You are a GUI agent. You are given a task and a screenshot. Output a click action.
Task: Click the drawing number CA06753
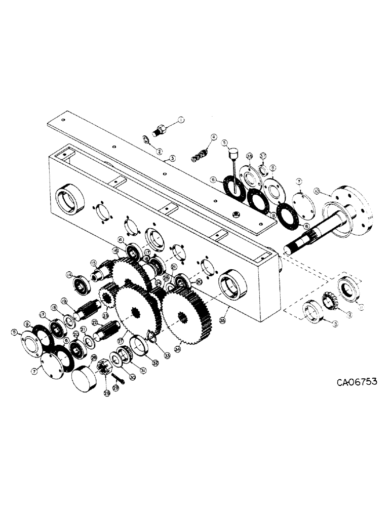349,382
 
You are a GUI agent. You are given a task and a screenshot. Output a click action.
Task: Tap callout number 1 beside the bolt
180,120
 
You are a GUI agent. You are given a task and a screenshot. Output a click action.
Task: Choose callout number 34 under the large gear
177,349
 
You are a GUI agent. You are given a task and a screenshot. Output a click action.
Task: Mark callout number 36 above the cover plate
249,156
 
